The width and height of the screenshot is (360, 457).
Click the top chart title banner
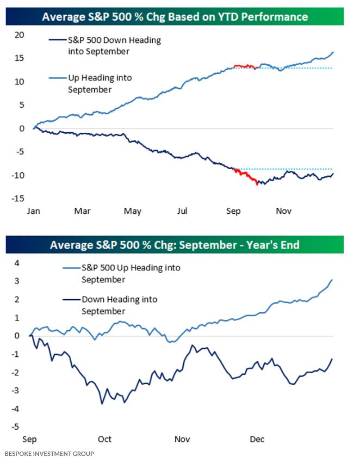pos(175,16)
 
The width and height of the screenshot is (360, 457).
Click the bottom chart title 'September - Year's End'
pos(175,245)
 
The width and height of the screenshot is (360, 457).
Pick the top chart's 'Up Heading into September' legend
pos(100,84)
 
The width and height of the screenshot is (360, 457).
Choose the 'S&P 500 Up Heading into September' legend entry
pos(131,273)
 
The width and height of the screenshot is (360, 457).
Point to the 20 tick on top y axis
pos(20,35)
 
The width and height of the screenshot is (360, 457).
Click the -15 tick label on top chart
pos(18,199)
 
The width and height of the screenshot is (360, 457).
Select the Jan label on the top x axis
pos(33,211)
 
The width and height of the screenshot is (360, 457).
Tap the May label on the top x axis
pos(133,211)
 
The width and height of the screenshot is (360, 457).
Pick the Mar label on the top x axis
pos(82,211)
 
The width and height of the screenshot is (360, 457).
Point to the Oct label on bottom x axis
pos(105,439)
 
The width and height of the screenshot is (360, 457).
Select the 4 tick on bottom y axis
pos(17,263)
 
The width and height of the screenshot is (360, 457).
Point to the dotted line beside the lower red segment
pos(288,169)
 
